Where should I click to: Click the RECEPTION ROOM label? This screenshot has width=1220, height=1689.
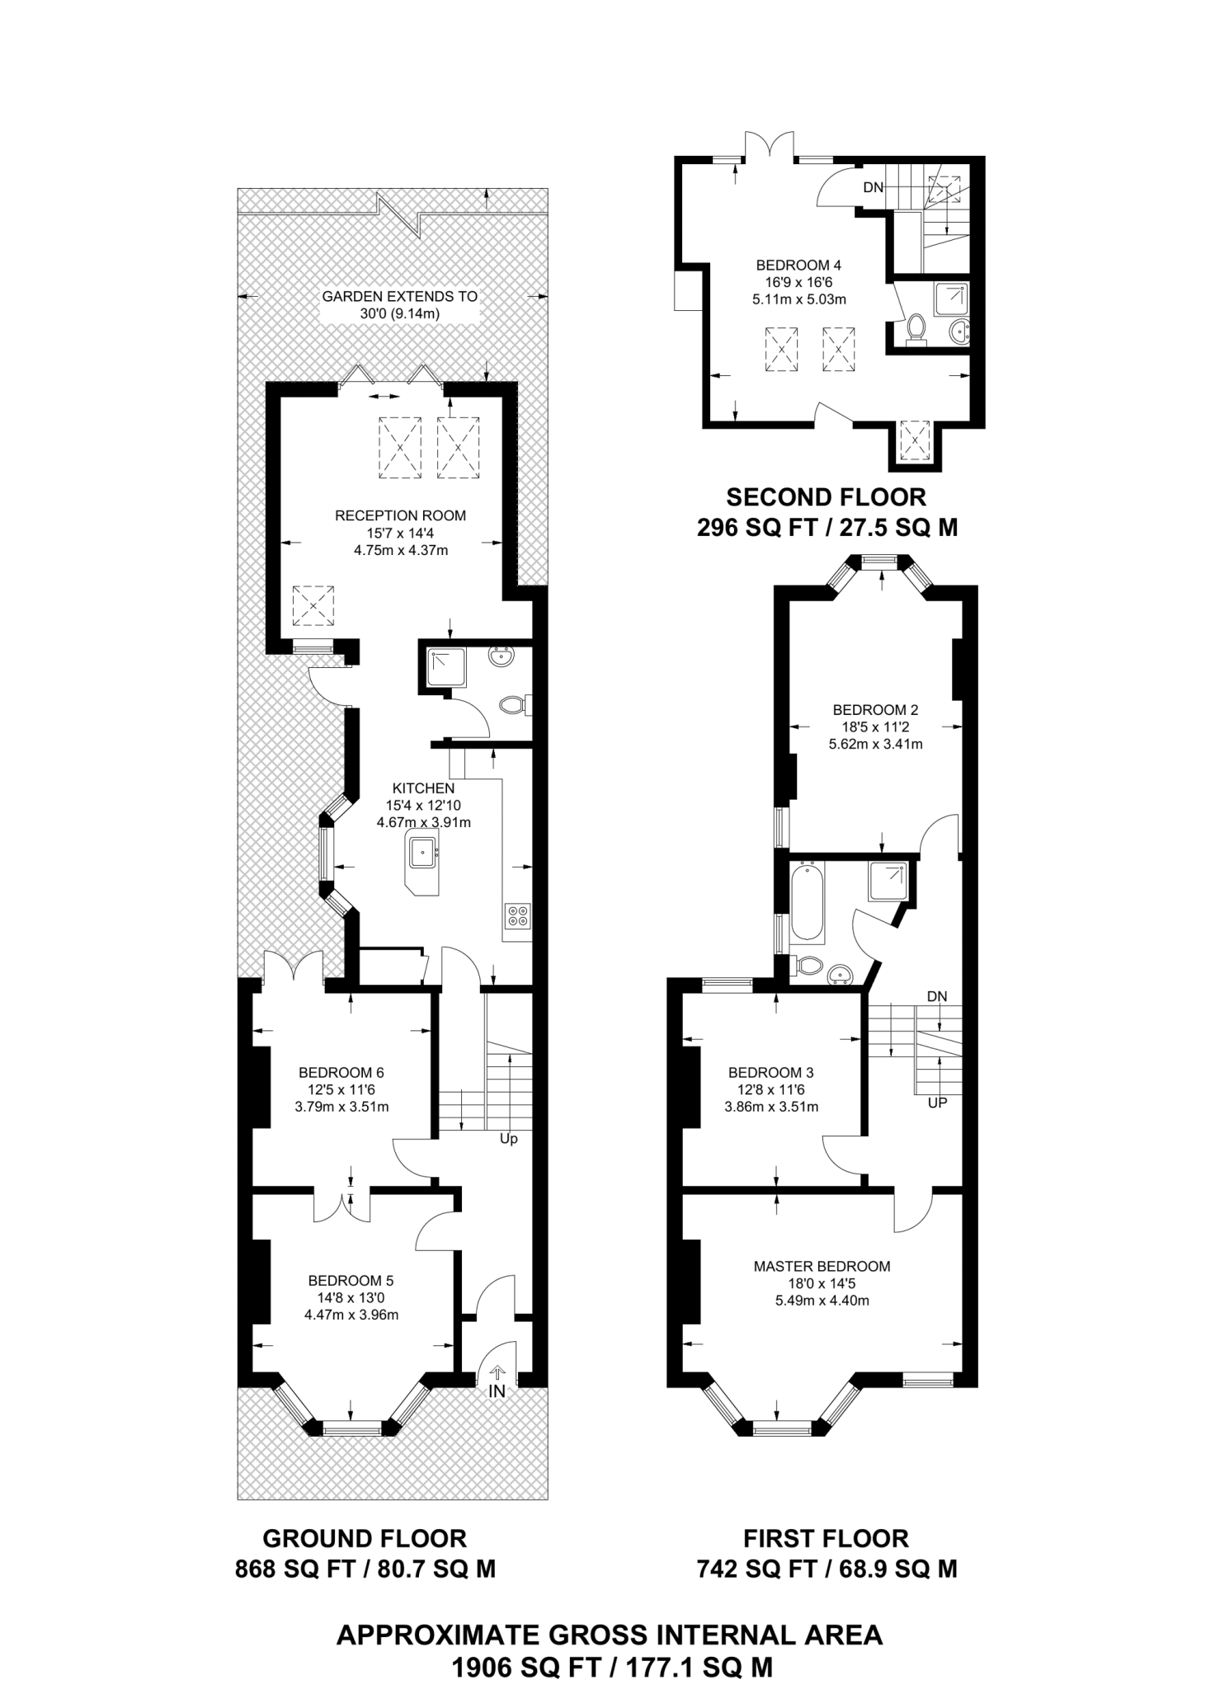coord(400,515)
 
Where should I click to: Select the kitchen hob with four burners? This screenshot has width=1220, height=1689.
coord(518,915)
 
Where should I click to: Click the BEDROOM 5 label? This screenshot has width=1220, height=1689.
coord(351,1281)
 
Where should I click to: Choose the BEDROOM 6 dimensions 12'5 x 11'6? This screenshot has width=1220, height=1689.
coord(342,1089)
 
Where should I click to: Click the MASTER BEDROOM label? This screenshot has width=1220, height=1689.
coord(822,1266)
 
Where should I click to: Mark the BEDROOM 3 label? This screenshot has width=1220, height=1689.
coord(770,1073)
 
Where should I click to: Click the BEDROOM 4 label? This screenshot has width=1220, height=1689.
coord(798,266)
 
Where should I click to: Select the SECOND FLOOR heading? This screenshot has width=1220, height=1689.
coord(826,497)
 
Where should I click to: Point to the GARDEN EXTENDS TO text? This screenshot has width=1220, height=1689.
coord(400,296)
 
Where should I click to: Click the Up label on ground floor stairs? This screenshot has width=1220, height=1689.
coord(509,1139)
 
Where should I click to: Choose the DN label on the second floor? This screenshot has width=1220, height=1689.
coord(874,188)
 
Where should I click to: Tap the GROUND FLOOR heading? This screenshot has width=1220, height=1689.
coord(365,1538)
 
